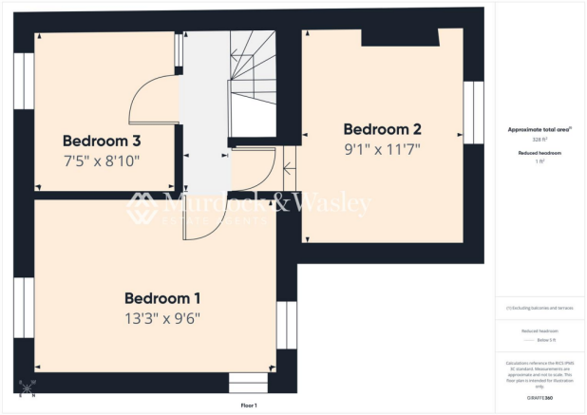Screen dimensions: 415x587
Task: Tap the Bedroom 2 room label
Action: pyautogui.click(x=382, y=129)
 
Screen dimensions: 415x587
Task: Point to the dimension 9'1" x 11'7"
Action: pyautogui.click(x=382, y=149)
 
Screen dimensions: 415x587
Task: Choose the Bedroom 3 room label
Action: pyautogui.click(x=102, y=141)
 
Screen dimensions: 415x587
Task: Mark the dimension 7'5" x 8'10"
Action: pyautogui.click(x=102, y=161)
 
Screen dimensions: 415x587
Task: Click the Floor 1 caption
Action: pyautogui.click(x=249, y=406)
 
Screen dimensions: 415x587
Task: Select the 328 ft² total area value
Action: pyautogui.click(x=539, y=139)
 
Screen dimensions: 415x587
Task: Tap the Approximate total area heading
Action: pyautogui.click(x=539, y=128)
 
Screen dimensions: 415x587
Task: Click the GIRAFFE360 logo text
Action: pyautogui.click(x=539, y=395)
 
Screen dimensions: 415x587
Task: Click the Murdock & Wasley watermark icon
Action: pyautogui.click(x=143, y=208)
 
